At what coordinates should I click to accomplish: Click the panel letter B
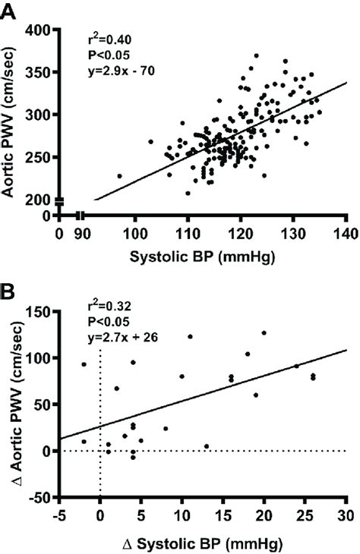coord(8,291)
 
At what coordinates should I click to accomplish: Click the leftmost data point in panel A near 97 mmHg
coord(119,176)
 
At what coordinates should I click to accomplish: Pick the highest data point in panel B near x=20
coord(264,332)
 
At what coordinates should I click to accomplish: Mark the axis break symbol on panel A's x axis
coord(80,216)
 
